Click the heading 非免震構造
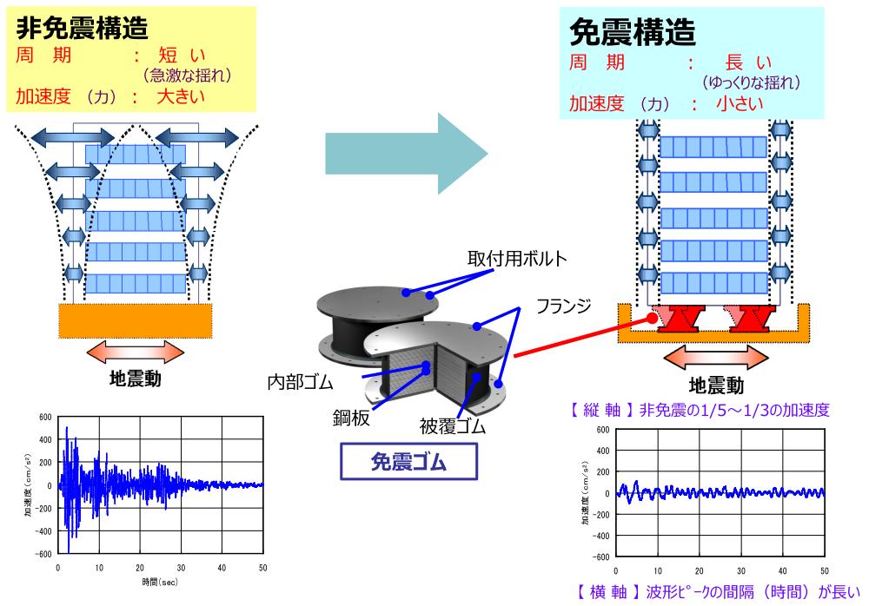click(x=83, y=28)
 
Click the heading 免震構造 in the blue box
click(x=632, y=32)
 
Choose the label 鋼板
click(x=355, y=418)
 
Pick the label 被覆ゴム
click(x=449, y=427)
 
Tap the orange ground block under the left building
click(x=135, y=320)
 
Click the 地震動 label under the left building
click(x=135, y=379)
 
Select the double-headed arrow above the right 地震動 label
click(x=712, y=358)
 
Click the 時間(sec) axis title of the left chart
click(x=160, y=583)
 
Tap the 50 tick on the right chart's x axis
click(x=823, y=570)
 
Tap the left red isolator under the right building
click(x=680, y=319)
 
